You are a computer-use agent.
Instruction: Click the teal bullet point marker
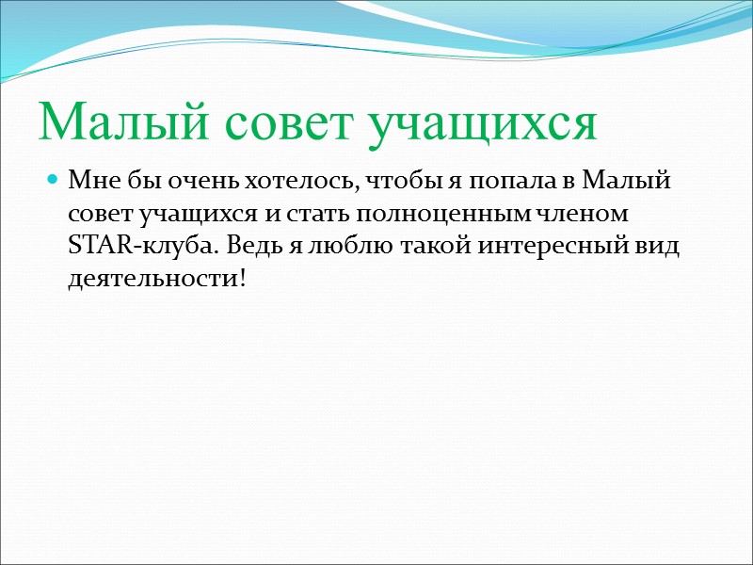53,178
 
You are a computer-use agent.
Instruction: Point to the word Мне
91,179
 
